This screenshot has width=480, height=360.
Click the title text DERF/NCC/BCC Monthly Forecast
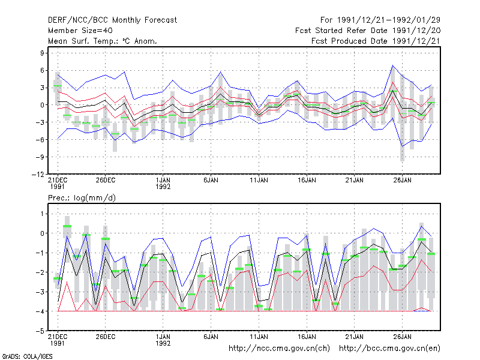112,20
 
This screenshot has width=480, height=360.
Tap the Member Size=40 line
80,31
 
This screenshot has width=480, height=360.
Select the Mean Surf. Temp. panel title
103,41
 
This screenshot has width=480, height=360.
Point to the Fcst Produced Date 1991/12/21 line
376,41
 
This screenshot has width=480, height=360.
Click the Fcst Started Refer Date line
368,31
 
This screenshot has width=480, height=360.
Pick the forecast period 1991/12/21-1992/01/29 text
380,20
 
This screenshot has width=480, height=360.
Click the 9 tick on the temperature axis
42,53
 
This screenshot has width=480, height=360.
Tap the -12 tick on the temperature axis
38,175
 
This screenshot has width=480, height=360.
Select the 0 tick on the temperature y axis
42,105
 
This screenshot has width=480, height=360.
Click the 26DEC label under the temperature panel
106,181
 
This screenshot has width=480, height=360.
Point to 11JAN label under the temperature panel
259,181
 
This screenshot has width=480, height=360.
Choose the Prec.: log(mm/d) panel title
82,198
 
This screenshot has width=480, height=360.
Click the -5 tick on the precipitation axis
40,331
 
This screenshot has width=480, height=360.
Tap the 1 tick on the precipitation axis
42,214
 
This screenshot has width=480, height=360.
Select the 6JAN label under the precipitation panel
211,337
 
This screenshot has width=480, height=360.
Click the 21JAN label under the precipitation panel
354,337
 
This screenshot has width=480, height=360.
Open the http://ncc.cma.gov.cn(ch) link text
279,349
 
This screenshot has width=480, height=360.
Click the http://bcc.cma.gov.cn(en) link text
389,349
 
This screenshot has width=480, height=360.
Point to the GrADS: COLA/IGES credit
27,356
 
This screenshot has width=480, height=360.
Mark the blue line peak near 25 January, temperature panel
393,65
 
